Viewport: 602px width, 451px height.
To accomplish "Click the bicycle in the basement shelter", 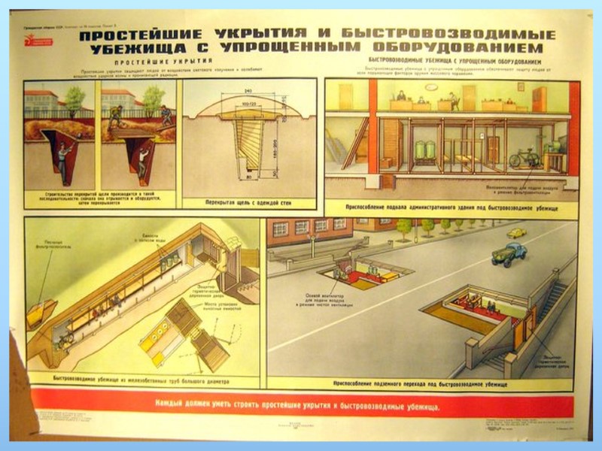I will (x=525, y=159).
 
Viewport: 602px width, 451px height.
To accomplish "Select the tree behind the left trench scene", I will (x=74, y=96).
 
